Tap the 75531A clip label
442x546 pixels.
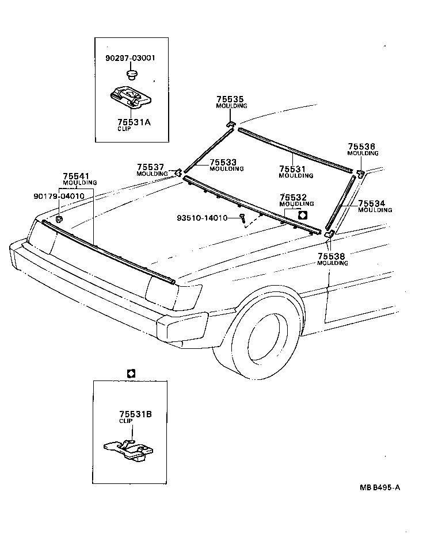click(x=134, y=122)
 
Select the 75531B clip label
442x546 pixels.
click(x=135, y=414)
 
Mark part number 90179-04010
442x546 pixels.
click(x=59, y=196)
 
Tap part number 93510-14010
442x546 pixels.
click(x=202, y=218)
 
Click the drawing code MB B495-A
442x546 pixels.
click(x=380, y=488)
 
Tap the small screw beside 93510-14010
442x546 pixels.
click(x=243, y=218)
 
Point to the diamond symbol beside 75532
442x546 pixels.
click(x=303, y=213)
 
